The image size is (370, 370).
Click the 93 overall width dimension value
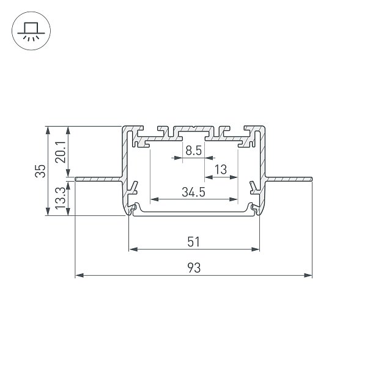(194, 268)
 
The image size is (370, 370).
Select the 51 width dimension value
(193, 242)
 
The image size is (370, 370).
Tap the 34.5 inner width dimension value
(193, 192)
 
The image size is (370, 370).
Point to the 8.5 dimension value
(193, 150)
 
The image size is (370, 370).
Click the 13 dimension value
(221, 169)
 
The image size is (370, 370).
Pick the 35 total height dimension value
(40, 171)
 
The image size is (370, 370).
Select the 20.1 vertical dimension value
(61, 152)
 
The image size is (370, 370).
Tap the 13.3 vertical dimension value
(61, 198)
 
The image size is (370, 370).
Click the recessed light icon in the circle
(31, 31)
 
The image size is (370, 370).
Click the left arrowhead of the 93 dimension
(80, 275)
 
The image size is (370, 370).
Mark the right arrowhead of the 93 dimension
(308, 275)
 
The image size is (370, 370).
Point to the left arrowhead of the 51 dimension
(133, 249)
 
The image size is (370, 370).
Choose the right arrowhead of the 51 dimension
(255, 249)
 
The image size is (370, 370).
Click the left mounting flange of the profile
(99, 179)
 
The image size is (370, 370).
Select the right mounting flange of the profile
(289, 179)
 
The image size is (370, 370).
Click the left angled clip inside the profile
(133, 188)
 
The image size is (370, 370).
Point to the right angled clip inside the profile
(255, 188)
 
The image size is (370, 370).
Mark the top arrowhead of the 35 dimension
(48, 130)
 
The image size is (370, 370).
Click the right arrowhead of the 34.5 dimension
(234, 199)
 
